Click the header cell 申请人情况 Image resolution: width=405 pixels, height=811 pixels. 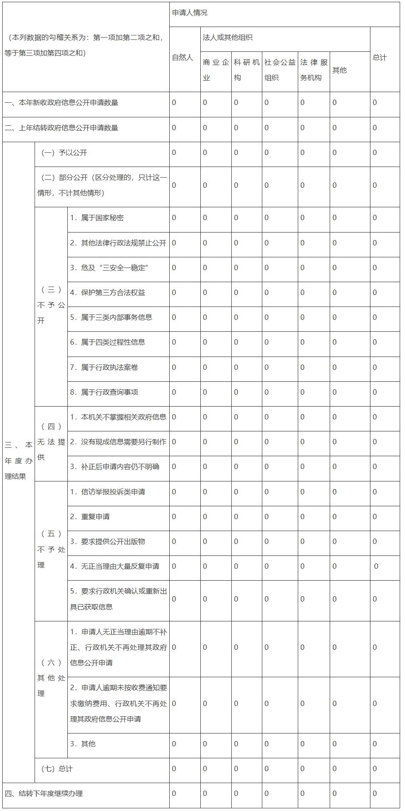190,13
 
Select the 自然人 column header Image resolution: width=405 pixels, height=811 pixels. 183,58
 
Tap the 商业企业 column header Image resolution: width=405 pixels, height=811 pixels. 216,70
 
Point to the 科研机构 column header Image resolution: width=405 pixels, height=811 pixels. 246,70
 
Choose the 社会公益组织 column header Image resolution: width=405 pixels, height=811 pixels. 280,70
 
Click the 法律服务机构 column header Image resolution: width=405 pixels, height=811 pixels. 314,70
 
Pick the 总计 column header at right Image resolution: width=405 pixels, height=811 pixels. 380,58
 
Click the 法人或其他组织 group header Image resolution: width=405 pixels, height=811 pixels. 227,38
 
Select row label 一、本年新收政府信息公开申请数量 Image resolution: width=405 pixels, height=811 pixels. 62,103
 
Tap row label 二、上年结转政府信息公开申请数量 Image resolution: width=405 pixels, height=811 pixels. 62,128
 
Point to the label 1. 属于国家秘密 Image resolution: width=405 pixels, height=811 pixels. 97,218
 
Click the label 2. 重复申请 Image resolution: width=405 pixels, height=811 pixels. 90,516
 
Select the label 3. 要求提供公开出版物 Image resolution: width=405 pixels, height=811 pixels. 108,541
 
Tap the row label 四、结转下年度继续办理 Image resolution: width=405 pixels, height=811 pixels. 44,793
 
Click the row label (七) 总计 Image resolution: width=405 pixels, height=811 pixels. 57,768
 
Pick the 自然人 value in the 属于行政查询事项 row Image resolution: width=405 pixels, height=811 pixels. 174,392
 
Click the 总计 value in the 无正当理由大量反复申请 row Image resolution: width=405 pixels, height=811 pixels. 376,566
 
